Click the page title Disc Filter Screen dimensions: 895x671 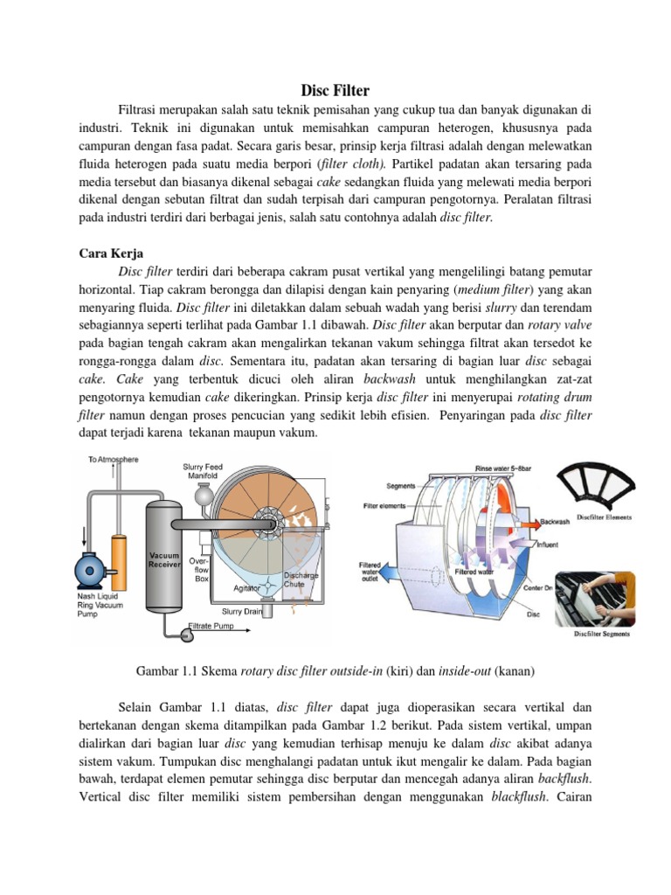335,90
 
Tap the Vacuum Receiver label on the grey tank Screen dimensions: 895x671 164,560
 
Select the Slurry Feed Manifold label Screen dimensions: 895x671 204,472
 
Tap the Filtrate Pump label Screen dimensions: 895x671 212,627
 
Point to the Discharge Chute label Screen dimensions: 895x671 300,579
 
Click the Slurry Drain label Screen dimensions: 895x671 242,612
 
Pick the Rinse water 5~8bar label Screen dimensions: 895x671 502,468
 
